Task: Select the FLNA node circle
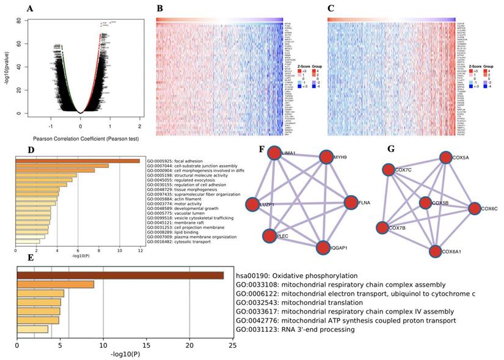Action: [351, 203]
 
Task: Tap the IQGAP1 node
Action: [324, 248]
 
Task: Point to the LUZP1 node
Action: [252, 204]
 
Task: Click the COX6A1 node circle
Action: [434, 251]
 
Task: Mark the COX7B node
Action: [382, 228]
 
